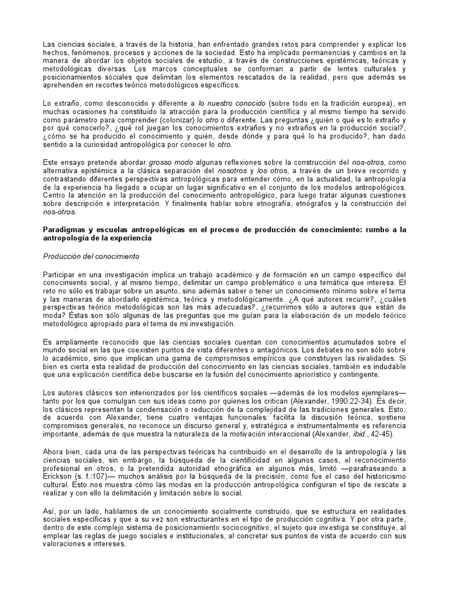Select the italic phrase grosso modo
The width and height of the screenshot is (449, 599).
click(x=168, y=162)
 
